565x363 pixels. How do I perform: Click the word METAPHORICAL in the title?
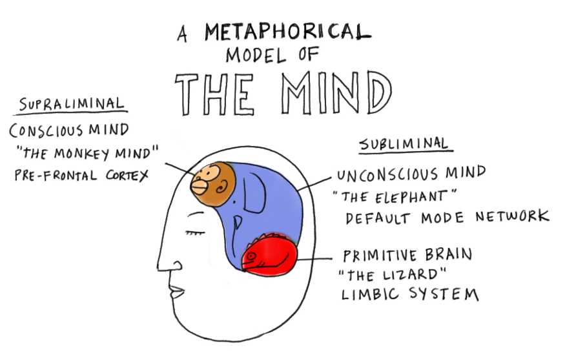(288, 32)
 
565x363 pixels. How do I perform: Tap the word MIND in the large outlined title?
(336, 94)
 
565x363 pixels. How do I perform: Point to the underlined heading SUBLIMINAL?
(404, 144)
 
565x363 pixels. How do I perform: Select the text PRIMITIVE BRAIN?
(407, 254)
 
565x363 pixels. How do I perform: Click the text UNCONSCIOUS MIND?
(411, 174)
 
